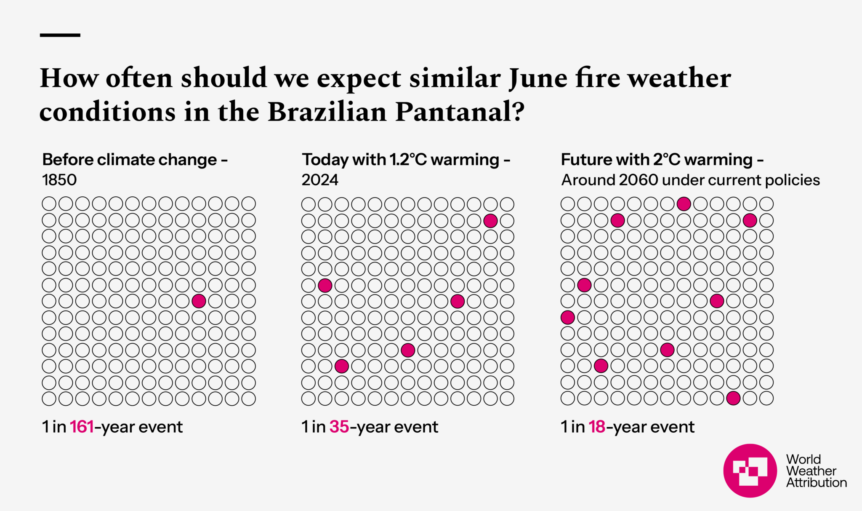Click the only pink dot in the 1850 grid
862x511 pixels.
coord(199,301)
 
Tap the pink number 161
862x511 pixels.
coord(82,427)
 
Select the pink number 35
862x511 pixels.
coord(339,427)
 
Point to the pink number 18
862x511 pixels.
coord(597,427)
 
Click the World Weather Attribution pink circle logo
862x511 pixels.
coord(750,471)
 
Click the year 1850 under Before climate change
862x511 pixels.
coord(59,180)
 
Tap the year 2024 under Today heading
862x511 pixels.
coord(320,180)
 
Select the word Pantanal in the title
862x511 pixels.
coord(460,112)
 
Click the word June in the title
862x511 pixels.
coord(538,79)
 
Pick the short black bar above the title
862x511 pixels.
coord(60,35)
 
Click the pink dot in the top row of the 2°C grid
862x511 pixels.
coord(684,204)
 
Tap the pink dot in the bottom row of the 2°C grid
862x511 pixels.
coord(733,398)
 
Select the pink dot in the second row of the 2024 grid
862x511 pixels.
coord(490,220)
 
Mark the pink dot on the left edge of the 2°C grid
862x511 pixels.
coord(568,317)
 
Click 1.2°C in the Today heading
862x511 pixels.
coord(408,160)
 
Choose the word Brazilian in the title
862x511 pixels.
coord(327,112)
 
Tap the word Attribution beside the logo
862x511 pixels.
coord(816,483)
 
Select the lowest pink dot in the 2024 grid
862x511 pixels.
coord(341,366)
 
